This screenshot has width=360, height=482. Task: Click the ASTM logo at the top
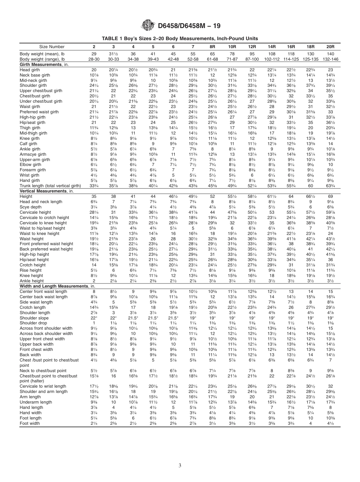148,25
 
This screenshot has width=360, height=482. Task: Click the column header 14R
272,46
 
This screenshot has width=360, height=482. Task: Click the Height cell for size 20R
330,197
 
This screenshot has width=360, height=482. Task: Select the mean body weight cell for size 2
94,54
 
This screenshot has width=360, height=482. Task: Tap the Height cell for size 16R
291,197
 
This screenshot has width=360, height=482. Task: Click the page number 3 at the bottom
180,465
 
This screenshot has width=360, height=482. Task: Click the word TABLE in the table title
110,38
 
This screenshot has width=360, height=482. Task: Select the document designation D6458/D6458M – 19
189,26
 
